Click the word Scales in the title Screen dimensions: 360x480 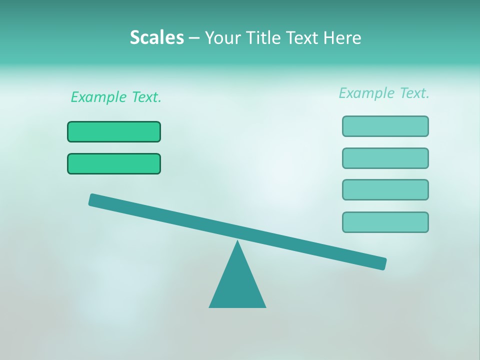[156, 37]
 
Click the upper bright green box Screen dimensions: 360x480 [114, 131]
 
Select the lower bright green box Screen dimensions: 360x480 [114, 163]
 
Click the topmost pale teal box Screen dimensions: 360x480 [385, 126]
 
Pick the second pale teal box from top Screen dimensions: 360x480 [385, 158]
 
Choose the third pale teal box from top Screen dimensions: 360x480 [385, 189]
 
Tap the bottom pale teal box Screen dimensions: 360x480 [385, 222]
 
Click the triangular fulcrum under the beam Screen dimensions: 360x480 [237, 285]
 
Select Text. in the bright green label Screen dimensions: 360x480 [146, 97]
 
